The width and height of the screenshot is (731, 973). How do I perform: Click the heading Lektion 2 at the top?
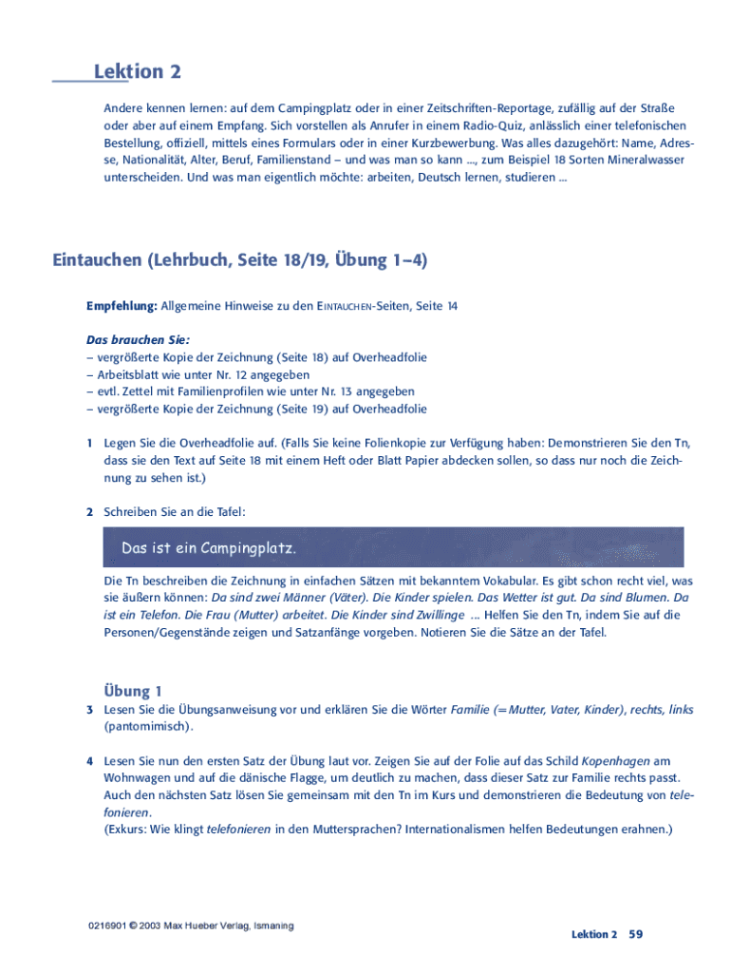137,72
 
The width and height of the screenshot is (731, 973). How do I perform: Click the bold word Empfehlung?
122,305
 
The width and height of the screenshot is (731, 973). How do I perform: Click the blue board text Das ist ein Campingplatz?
209,549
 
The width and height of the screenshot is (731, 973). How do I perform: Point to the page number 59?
636,934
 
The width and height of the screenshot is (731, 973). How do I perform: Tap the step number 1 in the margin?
89,444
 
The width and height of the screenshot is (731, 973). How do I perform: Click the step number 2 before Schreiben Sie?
89,512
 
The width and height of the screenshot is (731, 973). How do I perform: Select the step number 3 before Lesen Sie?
89,710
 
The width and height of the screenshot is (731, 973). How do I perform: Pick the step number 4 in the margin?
89,761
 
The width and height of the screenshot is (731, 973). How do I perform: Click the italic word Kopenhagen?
617,761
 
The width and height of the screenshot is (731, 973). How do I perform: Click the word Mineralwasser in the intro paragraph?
642,160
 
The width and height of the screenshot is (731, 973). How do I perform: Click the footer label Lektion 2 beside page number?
594,935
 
